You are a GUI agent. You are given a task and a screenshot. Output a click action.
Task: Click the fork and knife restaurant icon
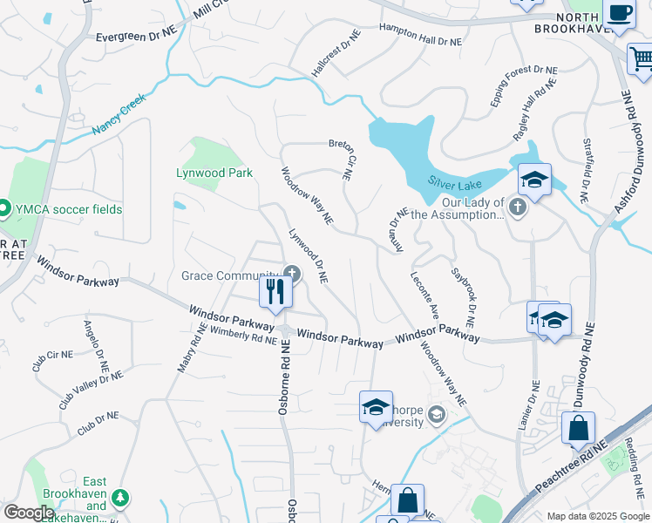point(276,291)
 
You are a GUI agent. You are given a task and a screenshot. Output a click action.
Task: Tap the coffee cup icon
point(620,14)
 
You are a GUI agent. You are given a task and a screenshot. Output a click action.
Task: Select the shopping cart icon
point(642,59)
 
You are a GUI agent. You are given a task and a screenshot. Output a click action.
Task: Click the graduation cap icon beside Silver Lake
point(534,180)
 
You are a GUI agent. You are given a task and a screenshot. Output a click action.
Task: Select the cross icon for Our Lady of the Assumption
point(518,207)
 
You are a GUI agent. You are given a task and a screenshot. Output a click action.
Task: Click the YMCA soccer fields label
point(66,209)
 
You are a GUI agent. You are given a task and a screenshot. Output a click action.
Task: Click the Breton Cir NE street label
point(339,157)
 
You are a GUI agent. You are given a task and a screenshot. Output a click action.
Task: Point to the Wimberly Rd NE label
point(231,335)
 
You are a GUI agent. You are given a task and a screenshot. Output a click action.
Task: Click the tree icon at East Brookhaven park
point(120,498)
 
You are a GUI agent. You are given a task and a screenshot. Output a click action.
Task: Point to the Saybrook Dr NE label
point(463,295)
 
